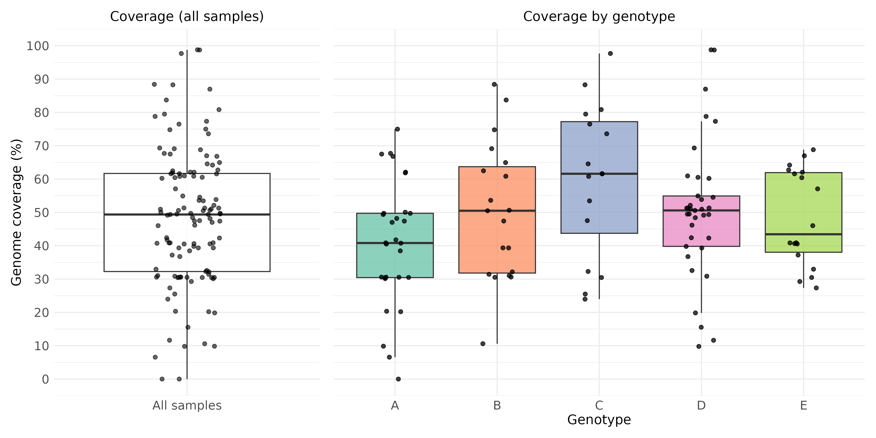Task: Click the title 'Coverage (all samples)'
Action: pyautogui.click(x=187, y=16)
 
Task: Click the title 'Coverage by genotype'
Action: pyautogui.click(x=599, y=16)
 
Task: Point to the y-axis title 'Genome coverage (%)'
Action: pyautogui.click(x=16, y=212)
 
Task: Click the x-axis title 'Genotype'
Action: pyautogui.click(x=599, y=420)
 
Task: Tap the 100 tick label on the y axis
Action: pyautogui.click(x=38, y=46)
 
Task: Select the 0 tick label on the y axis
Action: pyautogui.click(x=45, y=379)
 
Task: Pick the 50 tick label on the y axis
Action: pyautogui.click(x=41, y=212)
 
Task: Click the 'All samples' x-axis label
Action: pyautogui.click(x=187, y=405)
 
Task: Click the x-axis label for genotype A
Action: pyautogui.click(x=395, y=405)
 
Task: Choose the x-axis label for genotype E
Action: pyautogui.click(x=803, y=405)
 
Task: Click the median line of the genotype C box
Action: pyautogui.click(x=578, y=174)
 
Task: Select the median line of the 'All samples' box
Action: pyautogui.click(x=136, y=215)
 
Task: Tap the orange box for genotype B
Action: pyautogui.click(x=476, y=238)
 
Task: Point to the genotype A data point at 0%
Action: pyautogui.click(x=398, y=379)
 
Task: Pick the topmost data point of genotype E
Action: pyautogui.click(x=813, y=150)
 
